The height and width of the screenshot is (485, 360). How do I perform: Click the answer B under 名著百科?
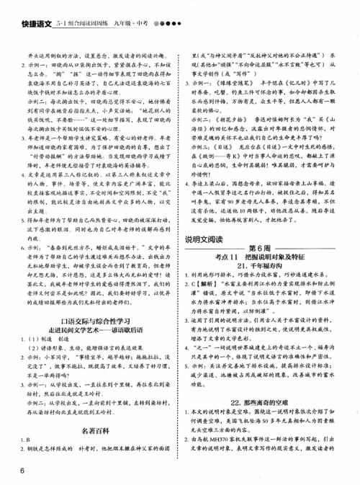27,440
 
